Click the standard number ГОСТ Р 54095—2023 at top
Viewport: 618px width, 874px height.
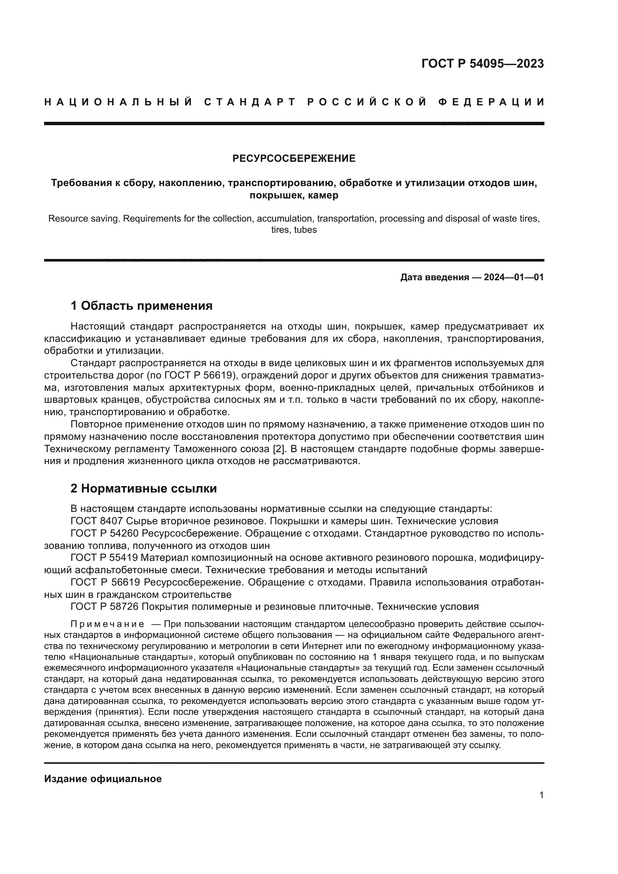tap(482, 64)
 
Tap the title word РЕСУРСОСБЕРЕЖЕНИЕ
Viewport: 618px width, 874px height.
tap(294, 158)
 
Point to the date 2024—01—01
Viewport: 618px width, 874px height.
tap(514, 277)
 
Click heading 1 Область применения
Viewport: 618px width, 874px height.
tap(141, 306)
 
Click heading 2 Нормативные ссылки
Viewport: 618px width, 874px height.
tap(143, 488)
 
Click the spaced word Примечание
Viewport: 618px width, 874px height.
tap(107, 624)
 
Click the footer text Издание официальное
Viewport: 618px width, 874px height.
tap(103, 779)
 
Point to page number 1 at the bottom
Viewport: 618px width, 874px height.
tap(541, 795)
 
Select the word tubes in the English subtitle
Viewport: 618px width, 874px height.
tap(305, 230)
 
